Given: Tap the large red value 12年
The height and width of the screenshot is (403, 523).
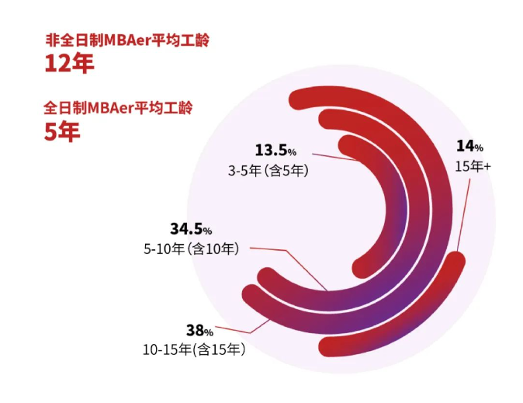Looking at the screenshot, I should click(68, 64).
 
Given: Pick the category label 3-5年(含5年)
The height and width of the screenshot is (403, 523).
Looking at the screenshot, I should click(268, 170).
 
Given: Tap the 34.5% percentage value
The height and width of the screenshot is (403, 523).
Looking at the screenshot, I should click(191, 229).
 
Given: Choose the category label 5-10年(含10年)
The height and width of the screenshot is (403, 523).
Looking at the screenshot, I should click(191, 248).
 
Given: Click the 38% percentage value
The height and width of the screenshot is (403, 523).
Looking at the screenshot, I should click(199, 329).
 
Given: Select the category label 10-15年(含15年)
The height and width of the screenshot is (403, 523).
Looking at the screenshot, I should click(193, 349).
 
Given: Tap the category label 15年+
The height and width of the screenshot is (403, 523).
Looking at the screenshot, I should click(473, 165).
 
